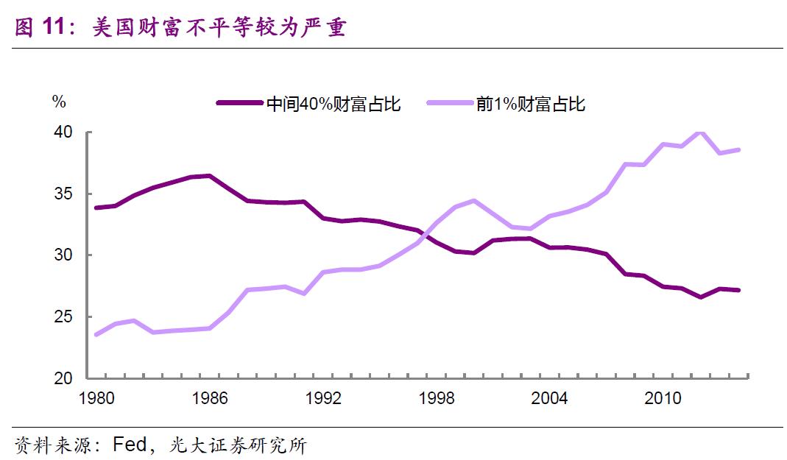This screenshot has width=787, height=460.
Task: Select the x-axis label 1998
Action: tap(437, 399)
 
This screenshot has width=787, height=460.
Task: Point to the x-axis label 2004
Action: tap(549, 399)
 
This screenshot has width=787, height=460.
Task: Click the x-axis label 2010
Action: tap(663, 399)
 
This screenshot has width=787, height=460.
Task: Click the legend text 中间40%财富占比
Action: tap(333, 104)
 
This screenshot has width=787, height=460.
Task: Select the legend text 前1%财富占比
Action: tap(530, 104)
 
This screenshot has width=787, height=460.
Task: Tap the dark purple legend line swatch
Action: tap(240, 104)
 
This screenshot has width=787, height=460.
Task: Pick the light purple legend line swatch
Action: tap(449, 104)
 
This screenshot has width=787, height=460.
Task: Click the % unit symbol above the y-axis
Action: tap(59, 102)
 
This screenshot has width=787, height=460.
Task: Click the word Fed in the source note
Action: tap(131, 445)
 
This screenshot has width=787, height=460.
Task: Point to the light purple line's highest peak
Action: tap(699, 132)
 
